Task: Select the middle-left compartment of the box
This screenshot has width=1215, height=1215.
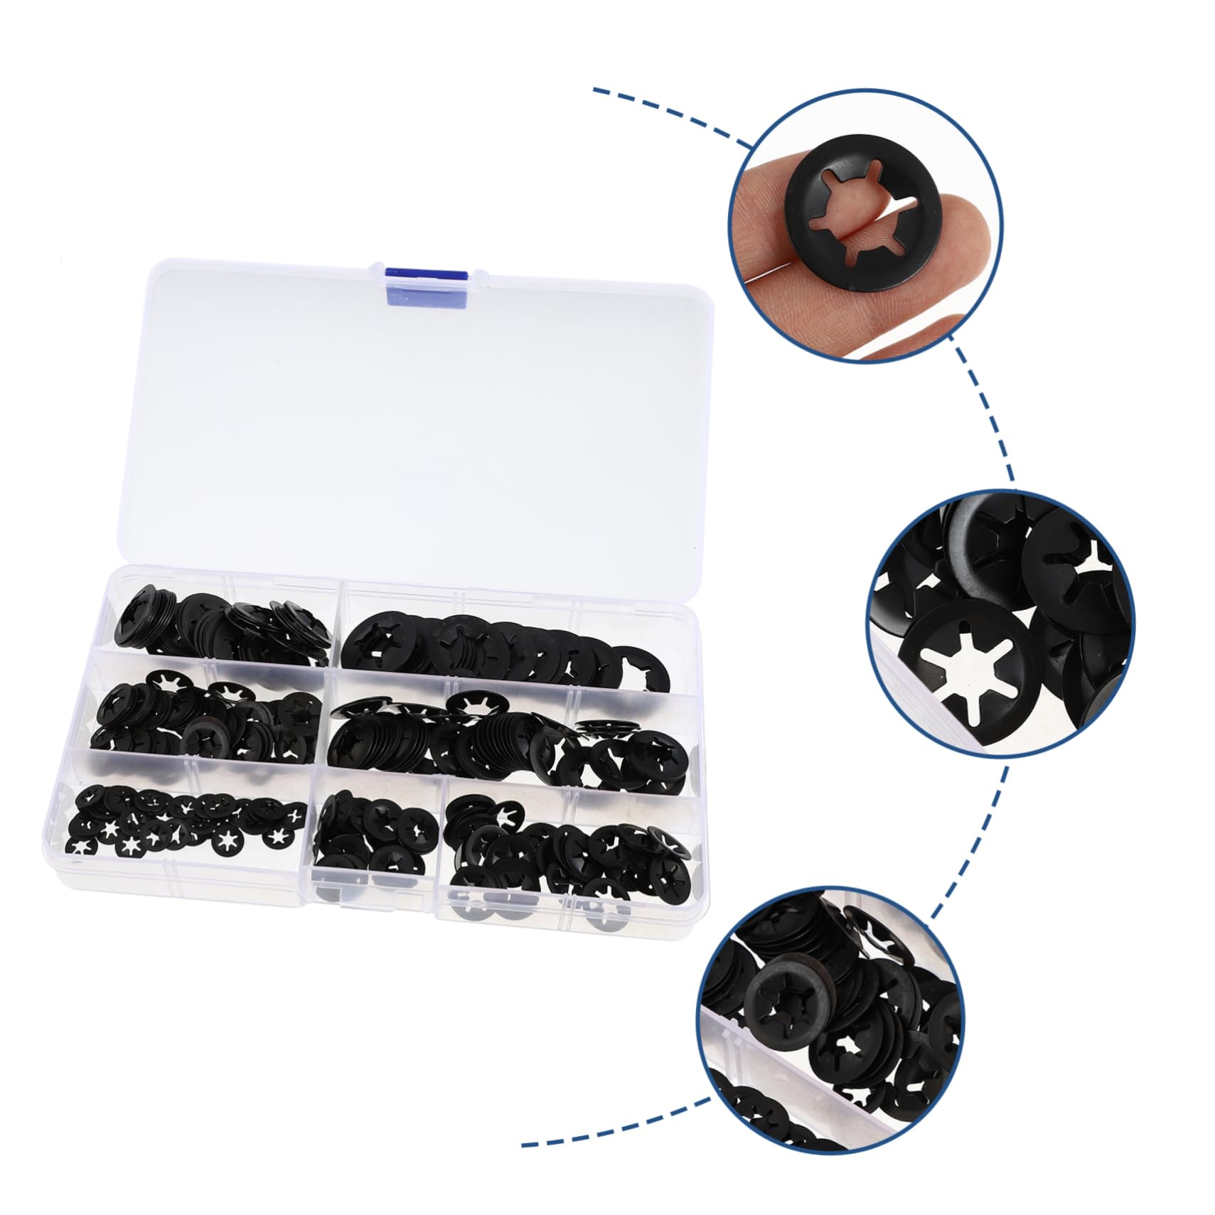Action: tap(206, 718)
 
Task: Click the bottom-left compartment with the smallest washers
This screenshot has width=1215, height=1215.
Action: tap(185, 825)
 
